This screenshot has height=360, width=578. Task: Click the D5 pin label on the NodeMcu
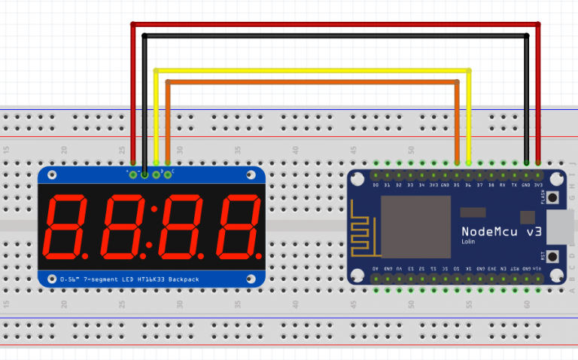456,185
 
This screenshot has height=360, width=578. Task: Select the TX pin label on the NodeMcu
514,185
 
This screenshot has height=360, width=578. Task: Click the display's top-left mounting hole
52,175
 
